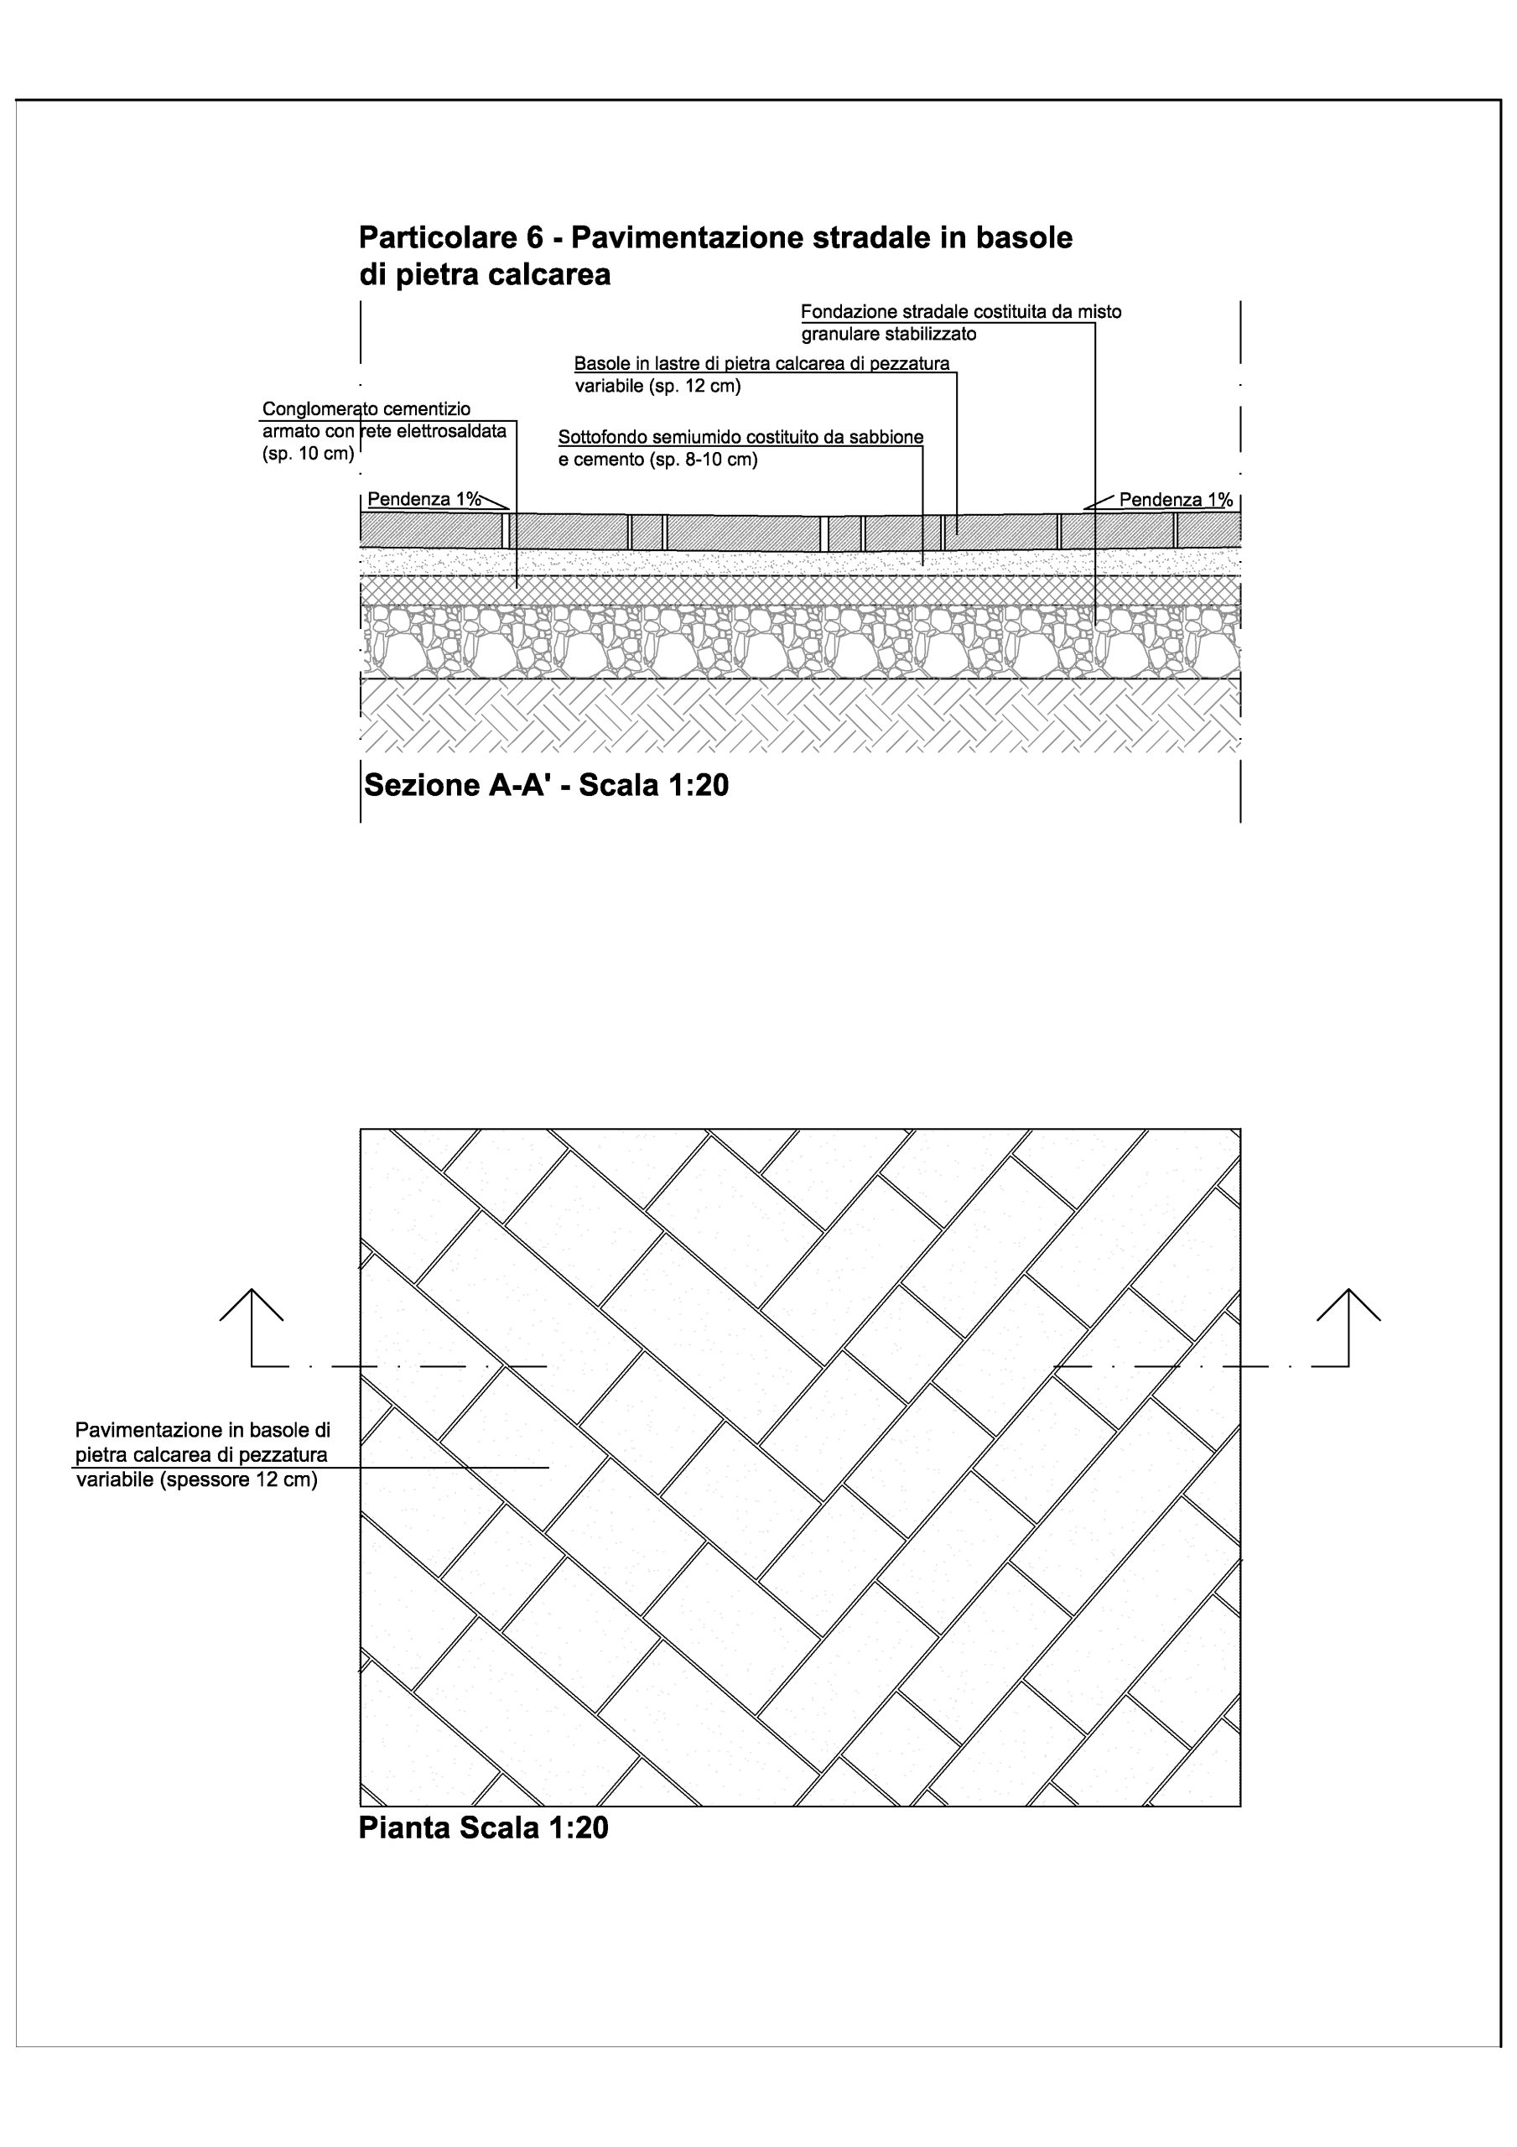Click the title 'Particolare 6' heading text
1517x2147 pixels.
pos(451,237)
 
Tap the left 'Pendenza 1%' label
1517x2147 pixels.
pos(424,499)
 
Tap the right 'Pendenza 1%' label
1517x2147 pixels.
pos(1176,499)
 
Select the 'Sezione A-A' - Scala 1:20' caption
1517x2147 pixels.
pos(546,784)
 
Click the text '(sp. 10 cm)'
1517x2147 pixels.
pos(309,455)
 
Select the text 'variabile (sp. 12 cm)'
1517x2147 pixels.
pos(657,386)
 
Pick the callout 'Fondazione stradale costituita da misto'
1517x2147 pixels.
pos(962,311)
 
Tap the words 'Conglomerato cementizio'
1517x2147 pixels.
pos(366,409)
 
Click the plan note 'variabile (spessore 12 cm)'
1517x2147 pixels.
pos(196,1480)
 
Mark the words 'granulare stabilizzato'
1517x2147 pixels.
pos(889,334)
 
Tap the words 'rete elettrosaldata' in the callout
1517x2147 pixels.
pos(433,432)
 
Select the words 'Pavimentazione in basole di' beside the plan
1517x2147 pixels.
pos(203,1430)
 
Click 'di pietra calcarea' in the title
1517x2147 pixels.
pos(485,275)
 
